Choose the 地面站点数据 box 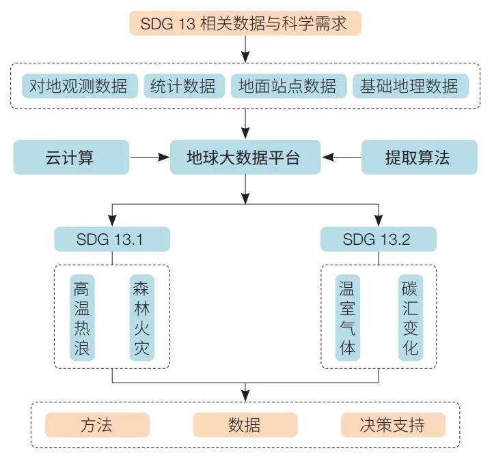[x=288, y=87]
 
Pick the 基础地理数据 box [x=409, y=87]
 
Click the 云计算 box [x=71, y=158]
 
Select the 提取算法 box [x=418, y=158]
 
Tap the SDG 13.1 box [x=112, y=239]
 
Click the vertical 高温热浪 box [x=82, y=318]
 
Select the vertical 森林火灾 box [x=141, y=318]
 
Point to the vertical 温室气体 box [x=348, y=318]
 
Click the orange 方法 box [x=97, y=425]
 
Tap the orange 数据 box [x=245, y=425]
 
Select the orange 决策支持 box [x=392, y=425]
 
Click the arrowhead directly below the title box [x=245, y=54]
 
